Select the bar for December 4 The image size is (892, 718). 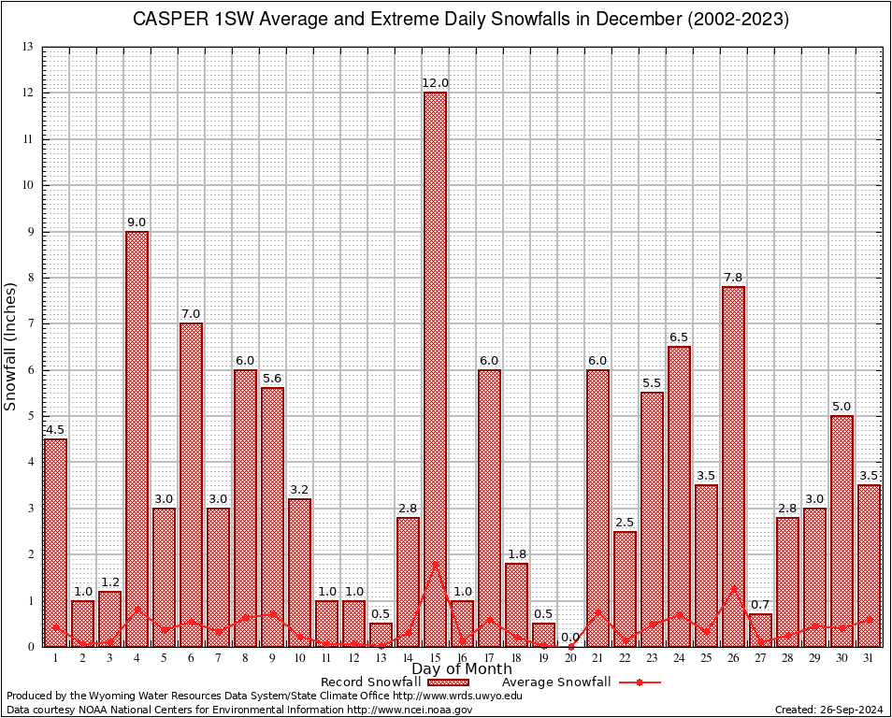click(x=137, y=438)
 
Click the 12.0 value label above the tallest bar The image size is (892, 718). click(x=435, y=83)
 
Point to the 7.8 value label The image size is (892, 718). click(x=734, y=278)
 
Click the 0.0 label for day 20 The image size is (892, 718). click(x=571, y=638)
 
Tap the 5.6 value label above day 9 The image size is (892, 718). click(x=272, y=379)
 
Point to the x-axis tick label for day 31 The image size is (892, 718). click(x=870, y=658)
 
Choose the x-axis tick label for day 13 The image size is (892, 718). click(x=381, y=658)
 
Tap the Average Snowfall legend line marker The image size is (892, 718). click(x=640, y=682)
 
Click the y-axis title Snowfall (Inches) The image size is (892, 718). click(x=11, y=346)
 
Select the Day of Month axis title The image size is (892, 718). click(x=462, y=669)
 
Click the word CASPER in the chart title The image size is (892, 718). click(x=169, y=20)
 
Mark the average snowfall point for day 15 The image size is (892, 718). click(x=435, y=564)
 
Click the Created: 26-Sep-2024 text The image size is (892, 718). click(x=827, y=710)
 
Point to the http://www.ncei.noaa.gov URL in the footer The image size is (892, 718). click(x=410, y=710)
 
